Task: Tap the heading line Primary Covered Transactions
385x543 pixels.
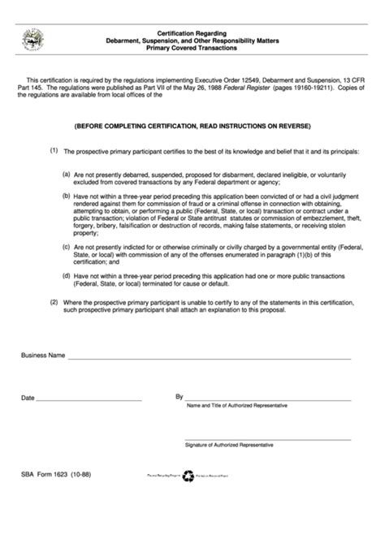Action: tap(192, 48)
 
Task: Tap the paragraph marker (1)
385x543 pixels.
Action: tap(54, 150)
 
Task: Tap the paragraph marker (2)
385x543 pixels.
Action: tap(54, 302)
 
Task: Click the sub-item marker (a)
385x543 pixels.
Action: tap(67, 174)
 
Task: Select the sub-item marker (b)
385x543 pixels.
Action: tap(67, 196)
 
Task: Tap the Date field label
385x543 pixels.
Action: tap(28, 399)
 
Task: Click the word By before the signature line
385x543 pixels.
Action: tap(179, 397)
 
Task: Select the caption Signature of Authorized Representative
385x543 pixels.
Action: tap(229, 446)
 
